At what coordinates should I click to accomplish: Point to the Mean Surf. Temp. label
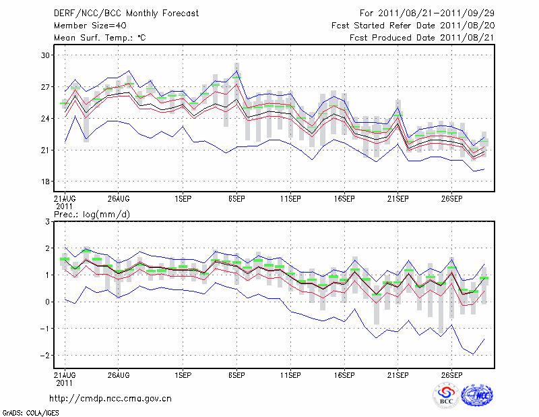[x=100, y=37]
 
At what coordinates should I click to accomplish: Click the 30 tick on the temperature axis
[x=46, y=55]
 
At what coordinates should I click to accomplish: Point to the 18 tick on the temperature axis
[x=46, y=182]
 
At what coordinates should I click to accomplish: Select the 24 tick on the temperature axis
[x=46, y=119]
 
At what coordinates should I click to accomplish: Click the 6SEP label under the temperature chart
[x=236, y=199]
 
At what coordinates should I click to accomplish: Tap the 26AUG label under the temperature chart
[x=118, y=199]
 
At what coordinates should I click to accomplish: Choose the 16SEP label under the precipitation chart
[x=344, y=374]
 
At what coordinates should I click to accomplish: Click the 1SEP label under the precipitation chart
[x=182, y=374]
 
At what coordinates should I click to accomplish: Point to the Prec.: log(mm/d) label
[x=93, y=214]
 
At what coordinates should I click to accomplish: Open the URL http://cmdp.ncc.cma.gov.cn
[x=110, y=398]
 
